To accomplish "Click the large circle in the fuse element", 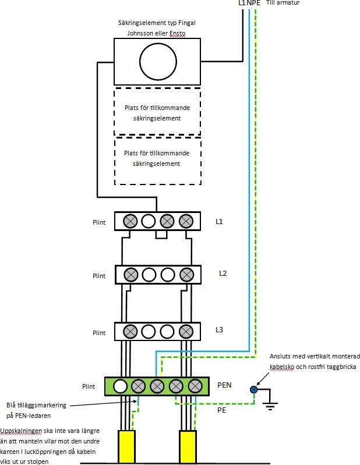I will pos(157,60).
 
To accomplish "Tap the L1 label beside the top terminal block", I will pos(220,222).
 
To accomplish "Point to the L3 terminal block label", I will pos(220,330).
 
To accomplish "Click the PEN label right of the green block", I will pos(225,385).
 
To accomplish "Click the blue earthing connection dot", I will pos(254,390).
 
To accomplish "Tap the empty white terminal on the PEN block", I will pos(120,386).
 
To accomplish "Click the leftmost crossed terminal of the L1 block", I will pos(130,221).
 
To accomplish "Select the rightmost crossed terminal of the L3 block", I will pos(186,332).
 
